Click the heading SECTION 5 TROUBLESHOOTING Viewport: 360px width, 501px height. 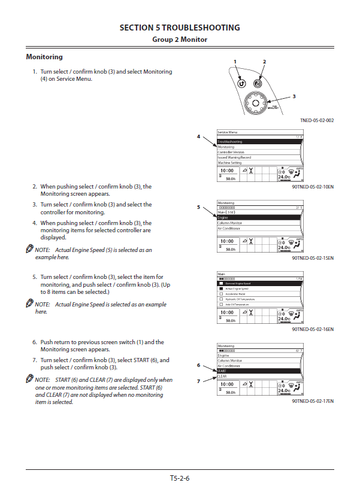180,28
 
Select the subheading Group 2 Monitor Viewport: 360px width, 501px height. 180,40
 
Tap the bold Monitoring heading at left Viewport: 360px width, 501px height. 44,57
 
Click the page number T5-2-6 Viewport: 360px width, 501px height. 180,478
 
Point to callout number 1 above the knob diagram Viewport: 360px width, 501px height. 235,62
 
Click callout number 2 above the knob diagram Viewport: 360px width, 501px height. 264,62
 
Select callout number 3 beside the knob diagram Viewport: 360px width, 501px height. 294,96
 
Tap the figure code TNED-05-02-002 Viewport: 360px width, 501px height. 317,120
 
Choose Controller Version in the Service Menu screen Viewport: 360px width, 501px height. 231,153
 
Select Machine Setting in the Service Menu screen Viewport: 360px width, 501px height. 230,163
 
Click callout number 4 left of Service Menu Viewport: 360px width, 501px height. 198,136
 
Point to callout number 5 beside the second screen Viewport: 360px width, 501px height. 198,207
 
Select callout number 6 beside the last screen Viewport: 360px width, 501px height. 198,365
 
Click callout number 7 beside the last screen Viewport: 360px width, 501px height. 198,381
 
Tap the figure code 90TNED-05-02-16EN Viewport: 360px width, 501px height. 313,329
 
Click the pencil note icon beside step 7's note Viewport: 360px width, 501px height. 29,380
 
